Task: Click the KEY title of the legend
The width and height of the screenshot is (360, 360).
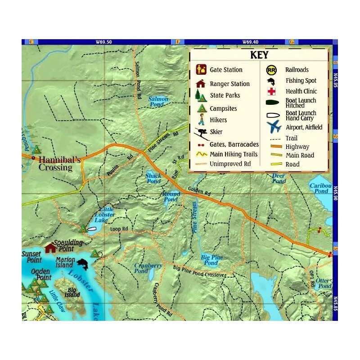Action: tap(259, 55)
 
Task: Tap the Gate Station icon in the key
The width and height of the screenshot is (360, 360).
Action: tap(202, 70)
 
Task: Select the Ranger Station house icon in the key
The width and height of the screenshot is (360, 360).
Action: tap(201, 84)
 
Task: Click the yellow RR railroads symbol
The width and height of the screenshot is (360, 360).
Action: tap(271, 70)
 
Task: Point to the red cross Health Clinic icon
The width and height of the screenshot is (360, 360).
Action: tap(271, 92)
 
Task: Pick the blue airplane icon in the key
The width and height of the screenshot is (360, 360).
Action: tap(273, 127)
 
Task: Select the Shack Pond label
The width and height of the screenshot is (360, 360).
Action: tap(153, 178)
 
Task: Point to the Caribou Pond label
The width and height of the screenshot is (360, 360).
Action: tap(321, 188)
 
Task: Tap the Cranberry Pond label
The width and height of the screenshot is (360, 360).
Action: tap(148, 268)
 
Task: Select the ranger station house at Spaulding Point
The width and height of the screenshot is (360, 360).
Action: tap(50, 247)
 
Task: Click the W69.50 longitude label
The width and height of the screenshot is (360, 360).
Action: tap(103, 42)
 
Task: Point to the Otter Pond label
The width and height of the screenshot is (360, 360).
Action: tap(323, 283)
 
